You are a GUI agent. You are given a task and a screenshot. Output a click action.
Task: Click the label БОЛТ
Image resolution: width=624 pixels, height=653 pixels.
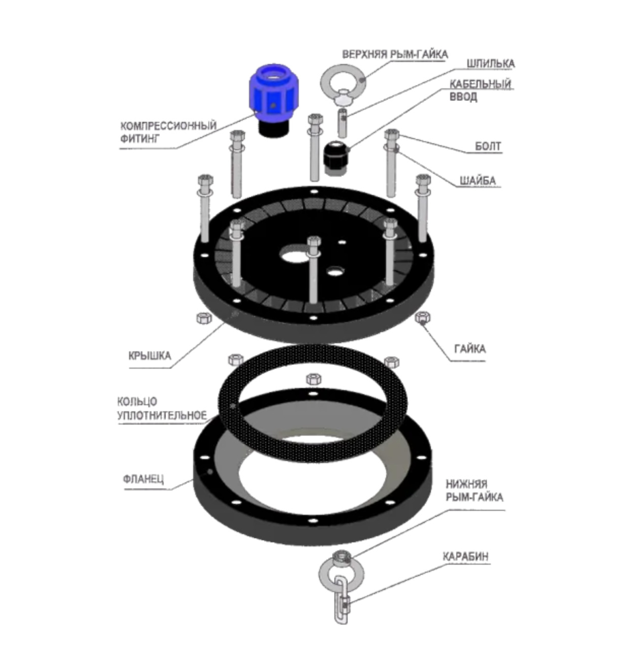click(488, 146)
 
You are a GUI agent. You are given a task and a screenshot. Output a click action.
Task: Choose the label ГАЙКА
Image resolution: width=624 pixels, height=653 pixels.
click(470, 349)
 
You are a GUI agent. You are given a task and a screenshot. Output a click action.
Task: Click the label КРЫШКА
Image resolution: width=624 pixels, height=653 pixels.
click(150, 355)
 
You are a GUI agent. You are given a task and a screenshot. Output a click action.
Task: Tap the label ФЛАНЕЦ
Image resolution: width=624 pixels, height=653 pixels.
click(143, 479)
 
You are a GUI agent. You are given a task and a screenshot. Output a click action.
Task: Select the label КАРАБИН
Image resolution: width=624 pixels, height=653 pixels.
click(465, 557)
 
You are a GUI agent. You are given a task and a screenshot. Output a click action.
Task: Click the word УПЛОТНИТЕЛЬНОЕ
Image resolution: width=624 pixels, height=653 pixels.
click(162, 415)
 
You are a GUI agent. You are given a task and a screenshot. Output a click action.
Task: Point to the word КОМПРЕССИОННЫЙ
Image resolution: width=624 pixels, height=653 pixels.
click(168, 126)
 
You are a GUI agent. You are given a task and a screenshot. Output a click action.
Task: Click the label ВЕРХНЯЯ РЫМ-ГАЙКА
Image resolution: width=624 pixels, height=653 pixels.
click(395, 54)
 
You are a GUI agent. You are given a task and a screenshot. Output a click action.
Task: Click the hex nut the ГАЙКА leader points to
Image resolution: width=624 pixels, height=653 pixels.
click(422, 317)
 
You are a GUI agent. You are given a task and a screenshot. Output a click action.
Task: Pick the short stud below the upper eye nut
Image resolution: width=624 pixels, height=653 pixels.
click(342, 123)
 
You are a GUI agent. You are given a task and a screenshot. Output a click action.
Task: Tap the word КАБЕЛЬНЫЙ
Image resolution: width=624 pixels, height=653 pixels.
click(480, 84)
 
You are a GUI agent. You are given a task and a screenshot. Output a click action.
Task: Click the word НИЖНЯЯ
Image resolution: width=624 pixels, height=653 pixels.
click(466, 484)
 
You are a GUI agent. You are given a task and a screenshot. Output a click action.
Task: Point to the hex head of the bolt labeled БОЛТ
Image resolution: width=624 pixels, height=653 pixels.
click(391, 134)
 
